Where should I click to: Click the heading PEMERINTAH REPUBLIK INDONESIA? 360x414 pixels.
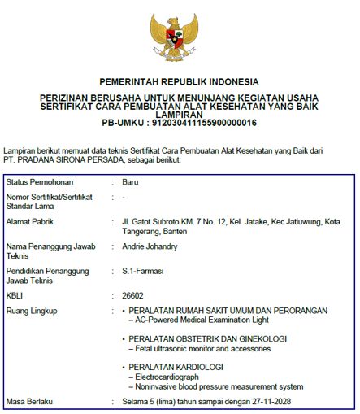(179, 81)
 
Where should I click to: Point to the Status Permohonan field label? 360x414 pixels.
(38, 181)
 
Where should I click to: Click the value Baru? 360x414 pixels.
(130, 181)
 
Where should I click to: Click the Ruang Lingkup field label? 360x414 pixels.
(33, 311)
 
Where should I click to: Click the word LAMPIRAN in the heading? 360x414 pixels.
(179, 115)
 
